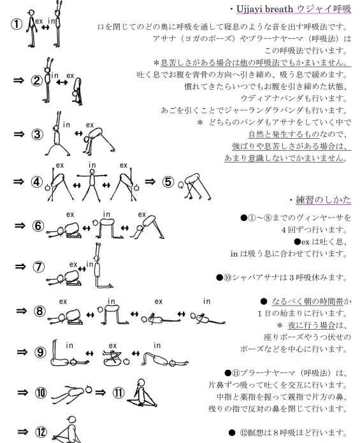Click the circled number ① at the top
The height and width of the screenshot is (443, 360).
17,24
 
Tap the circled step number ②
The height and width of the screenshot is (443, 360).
37,81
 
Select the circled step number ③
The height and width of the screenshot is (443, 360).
37,134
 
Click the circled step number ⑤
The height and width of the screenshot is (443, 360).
168,181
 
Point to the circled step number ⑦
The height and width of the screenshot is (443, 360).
39,267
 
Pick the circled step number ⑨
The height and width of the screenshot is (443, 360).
40,352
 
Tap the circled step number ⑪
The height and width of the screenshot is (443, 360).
119,393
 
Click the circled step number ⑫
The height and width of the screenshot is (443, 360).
41,432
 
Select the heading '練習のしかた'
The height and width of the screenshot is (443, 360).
323,200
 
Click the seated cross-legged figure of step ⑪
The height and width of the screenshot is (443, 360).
141,393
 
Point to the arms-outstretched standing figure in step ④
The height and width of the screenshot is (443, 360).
92,185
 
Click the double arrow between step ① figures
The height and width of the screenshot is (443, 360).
45,27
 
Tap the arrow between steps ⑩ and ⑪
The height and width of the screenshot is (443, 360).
101,392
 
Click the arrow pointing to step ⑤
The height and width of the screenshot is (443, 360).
150,181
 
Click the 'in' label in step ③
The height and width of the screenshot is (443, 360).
66,125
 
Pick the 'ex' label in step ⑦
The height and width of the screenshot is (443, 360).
73,264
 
